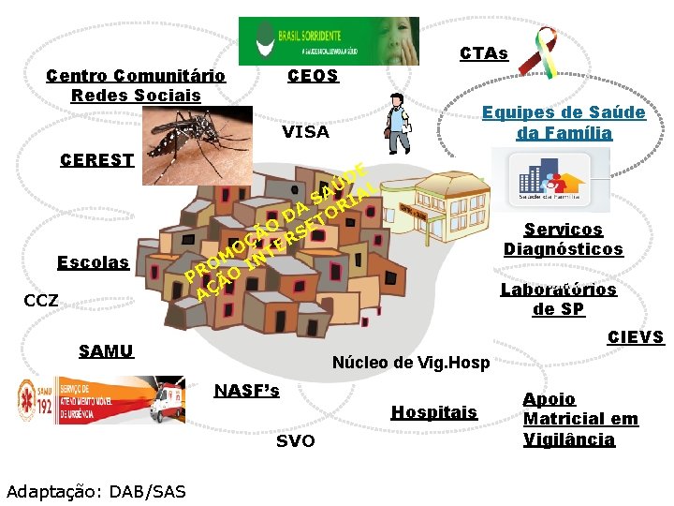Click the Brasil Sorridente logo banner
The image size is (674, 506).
[328, 41]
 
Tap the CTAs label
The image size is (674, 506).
[483, 53]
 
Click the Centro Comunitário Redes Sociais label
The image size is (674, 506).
[136, 85]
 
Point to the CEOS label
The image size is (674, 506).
[313, 76]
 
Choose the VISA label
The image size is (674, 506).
[306, 132]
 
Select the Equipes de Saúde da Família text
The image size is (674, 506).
[564, 123]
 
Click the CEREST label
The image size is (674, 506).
[96, 159]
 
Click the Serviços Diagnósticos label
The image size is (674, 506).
[563, 239]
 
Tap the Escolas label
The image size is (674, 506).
[93, 262]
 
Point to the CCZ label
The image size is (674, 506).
[41, 302]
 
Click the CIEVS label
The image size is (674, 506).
[635, 337]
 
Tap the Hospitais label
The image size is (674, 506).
[433, 412]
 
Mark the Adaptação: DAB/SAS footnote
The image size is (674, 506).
[95, 491]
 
